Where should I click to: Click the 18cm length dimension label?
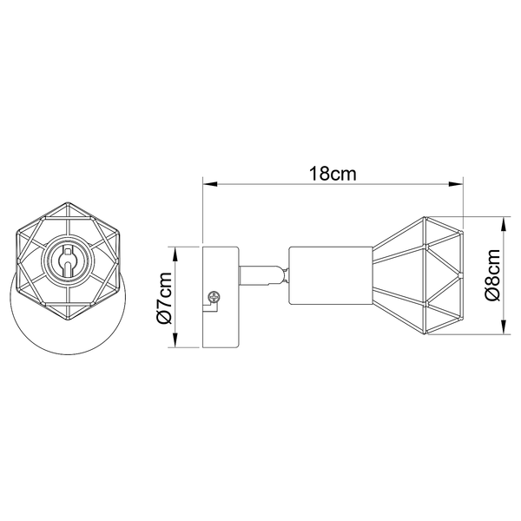pos(333,174)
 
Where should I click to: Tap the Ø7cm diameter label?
pos(165,298)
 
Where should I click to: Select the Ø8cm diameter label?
pos(492,274)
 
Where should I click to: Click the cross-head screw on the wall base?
pos(214,297)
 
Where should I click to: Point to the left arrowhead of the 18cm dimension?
pos(210,184)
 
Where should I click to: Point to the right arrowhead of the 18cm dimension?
pos(456,184)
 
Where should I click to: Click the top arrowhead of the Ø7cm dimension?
pos(175,254)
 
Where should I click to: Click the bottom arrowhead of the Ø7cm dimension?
pos(175,340)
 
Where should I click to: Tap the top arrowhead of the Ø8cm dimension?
pos(505,224)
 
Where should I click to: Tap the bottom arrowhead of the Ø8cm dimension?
pos(505,327)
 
